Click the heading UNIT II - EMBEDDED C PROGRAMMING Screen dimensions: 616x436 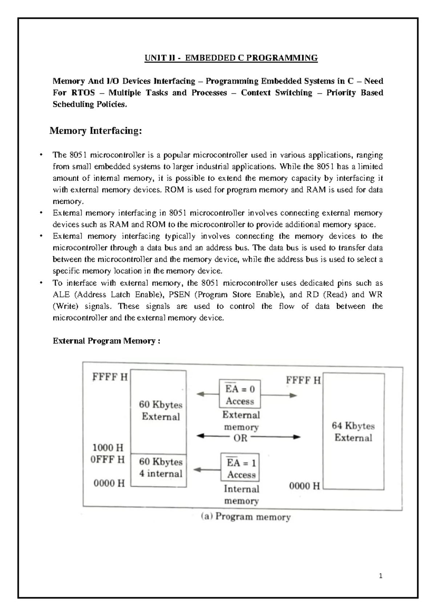click(x=231, y=58)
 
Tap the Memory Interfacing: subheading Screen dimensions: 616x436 click(x=96, y=131)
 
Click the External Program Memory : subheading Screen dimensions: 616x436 click(x=106, y=341)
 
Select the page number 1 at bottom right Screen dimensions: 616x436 click(x=380, y=576)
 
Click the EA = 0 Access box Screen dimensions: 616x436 click(x=240, y=394)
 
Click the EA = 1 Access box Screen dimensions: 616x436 click(x=241, y=469)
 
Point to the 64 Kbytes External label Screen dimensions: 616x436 click(x=353, y=431)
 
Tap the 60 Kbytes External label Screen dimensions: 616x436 click(x=161, y=410)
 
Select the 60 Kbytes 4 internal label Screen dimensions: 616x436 click(x=161, y=467)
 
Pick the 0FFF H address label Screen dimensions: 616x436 click(x=108, y=459)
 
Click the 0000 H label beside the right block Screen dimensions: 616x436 click(x=304, y=486)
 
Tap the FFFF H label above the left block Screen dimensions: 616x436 click(x=110, y=377)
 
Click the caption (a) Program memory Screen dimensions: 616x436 click(x=246, y=517)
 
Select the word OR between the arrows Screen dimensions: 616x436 click(x=241, y=438)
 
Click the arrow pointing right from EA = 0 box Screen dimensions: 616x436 click(x=279, y=395)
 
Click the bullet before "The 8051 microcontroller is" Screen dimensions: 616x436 click(x=42, y=155)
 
